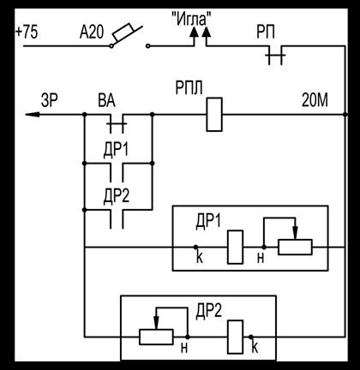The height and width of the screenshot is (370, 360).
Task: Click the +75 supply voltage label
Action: (27, 33)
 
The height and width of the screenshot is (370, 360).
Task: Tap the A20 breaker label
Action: (92, 33)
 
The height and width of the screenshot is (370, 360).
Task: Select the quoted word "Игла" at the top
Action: (193, 20)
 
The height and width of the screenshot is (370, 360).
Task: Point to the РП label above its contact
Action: (266, 33)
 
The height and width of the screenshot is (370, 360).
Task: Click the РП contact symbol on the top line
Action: (275, 55)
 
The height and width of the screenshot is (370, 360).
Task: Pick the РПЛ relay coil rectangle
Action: (214, 115)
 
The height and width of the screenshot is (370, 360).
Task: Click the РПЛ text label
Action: (189, 88)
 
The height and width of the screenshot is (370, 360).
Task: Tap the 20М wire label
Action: (315, 100)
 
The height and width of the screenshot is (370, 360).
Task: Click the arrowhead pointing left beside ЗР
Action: (33, 115)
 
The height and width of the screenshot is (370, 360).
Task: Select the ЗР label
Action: (50, 100)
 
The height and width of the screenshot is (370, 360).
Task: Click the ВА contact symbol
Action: (117, 123)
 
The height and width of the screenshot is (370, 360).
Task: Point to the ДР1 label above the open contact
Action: (116, 150)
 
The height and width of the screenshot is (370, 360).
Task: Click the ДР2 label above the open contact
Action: (117, 197)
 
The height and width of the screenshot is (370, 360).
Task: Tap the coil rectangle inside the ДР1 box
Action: (236, 247)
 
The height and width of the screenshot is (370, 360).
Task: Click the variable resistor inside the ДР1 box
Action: (295, 247)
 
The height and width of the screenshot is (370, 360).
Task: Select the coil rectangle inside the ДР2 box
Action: (236, 337)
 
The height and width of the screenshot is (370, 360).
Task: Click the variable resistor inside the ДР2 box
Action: (156, 337)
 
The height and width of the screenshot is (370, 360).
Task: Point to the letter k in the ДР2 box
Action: (255, 347)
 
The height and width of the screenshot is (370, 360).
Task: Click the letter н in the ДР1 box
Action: (261, 259)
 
